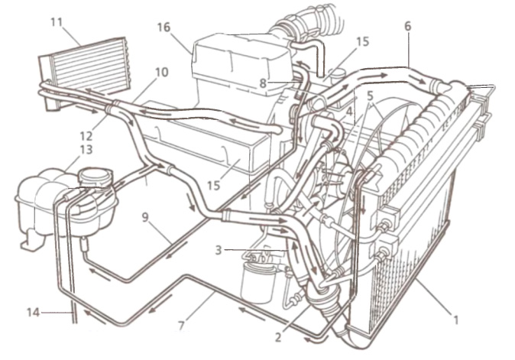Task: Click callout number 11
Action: tap(57, 23)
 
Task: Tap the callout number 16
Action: tap(164, 28)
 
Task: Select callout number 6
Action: tap(407, 26)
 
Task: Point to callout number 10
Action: tap(161, 73)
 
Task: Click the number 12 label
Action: tap(87, 135)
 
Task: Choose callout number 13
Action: tap(86, 150)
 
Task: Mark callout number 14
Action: tap(33, 313)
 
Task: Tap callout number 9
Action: tap(145, 218)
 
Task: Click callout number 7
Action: tap(182, 326)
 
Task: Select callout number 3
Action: tap(219, 250)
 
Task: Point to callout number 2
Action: tap(278, 337)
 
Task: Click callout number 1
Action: tap(455, 319)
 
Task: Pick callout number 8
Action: tap(263, 83)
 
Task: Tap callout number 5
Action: tap(370, 96)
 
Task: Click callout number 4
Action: tap(349, 112)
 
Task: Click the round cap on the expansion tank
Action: tap(96, 177)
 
